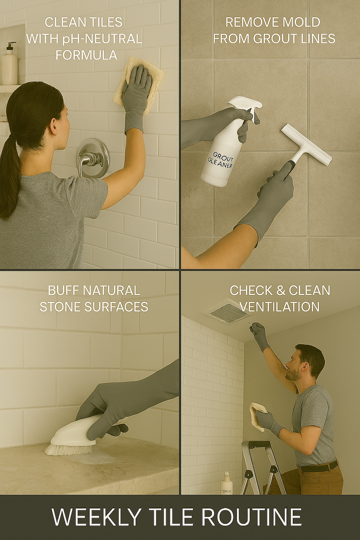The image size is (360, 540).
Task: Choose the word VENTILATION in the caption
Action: point(280,307)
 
